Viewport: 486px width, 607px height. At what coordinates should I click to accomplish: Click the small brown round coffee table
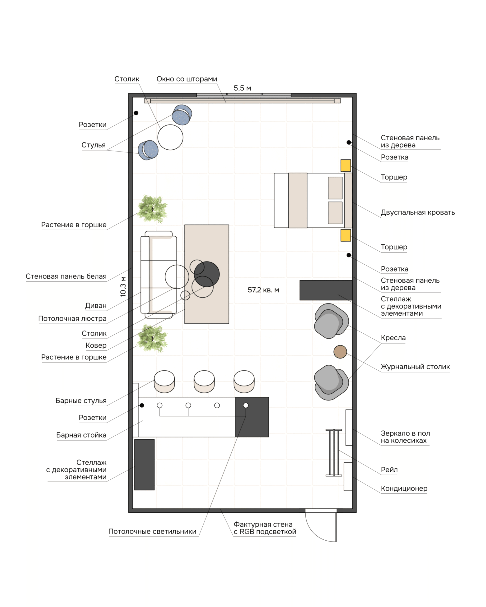[340, 352]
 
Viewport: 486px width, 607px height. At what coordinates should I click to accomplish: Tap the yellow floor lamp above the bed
[346, 166]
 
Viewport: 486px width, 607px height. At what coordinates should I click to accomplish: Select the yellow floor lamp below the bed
[346, 235]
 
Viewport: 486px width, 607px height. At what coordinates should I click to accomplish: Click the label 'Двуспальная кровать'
[417, 212]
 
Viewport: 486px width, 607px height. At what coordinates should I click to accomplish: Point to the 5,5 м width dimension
[242, 88]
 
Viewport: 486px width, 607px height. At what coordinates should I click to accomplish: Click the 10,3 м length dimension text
[123, 287]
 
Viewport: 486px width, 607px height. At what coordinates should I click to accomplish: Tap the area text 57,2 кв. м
[263, 290]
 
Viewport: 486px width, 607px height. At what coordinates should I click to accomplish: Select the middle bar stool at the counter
[204, 382]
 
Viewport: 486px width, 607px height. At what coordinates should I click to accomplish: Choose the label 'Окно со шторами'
[187, 79]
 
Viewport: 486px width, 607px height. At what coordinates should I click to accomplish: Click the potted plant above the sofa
[152, 209]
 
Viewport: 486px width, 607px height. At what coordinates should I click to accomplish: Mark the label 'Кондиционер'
[404, 488]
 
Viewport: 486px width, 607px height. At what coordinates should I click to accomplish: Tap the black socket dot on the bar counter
[142, 405]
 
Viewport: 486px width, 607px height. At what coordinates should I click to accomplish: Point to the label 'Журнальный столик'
[415, 367]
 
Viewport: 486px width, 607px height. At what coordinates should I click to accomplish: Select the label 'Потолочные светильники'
[152, 531]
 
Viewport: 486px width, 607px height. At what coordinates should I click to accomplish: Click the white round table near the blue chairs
[170, 137]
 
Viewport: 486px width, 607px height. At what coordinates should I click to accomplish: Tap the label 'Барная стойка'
[81, 435]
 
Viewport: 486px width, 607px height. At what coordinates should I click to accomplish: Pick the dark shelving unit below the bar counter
[144, 465]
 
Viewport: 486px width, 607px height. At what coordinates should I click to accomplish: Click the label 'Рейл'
[389, 470]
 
